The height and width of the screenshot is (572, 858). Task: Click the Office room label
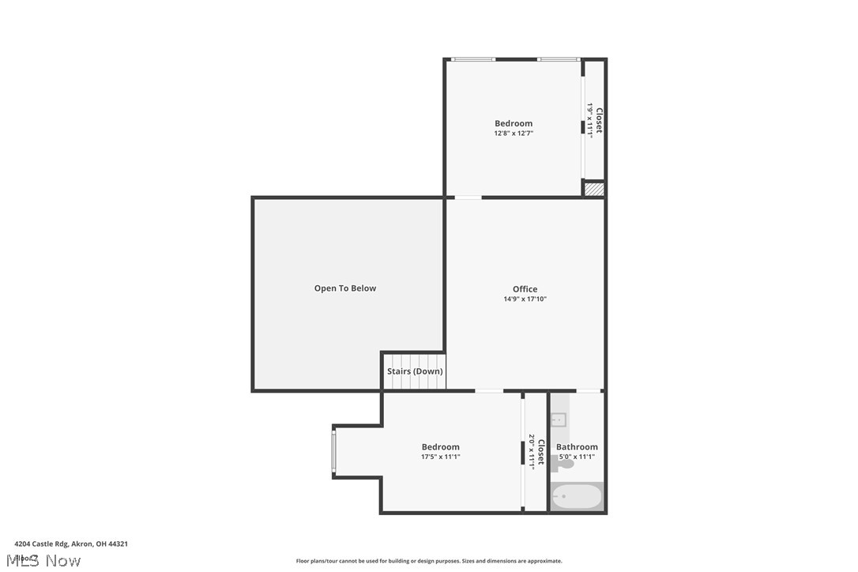[525, 289]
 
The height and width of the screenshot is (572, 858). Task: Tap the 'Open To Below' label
[345, 288]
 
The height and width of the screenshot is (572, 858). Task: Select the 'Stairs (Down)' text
[415, 371]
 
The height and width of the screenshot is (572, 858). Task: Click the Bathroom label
[577, 447]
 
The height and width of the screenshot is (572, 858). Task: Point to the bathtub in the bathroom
[577, 498]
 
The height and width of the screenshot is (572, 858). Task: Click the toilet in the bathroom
[563, 466]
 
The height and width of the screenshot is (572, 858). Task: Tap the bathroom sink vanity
[559, 420]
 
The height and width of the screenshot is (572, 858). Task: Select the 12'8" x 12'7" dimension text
[514, 134]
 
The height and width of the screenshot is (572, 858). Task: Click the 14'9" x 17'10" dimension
[525, 299]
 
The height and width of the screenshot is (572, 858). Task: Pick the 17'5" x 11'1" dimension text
[441, 457]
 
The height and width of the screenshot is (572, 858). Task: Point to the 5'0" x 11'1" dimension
[577, 457]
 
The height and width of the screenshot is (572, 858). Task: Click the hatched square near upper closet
[593, 189]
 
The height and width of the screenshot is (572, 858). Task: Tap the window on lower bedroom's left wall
[334, 452]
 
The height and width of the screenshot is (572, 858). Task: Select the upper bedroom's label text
[514, 123]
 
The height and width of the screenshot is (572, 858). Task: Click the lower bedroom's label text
[440, 447]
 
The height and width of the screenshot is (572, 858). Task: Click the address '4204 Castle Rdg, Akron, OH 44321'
[71, 544]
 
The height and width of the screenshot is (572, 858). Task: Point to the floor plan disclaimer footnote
[429, 561]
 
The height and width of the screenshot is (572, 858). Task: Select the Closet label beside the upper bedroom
[599, 120]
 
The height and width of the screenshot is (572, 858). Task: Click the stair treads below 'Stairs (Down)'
[415, 383]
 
